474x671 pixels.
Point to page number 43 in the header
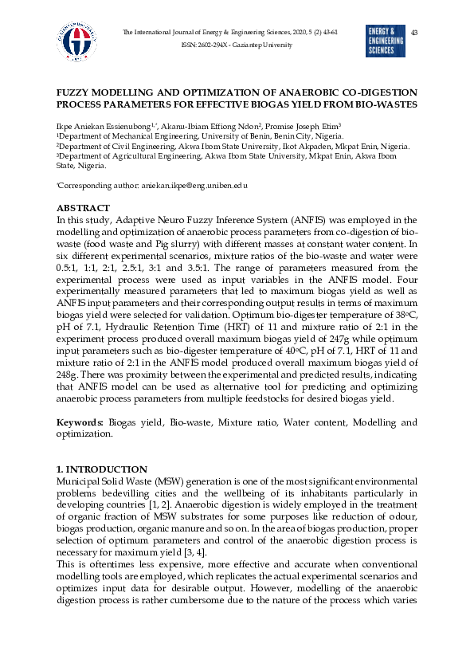pos(414,32)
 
